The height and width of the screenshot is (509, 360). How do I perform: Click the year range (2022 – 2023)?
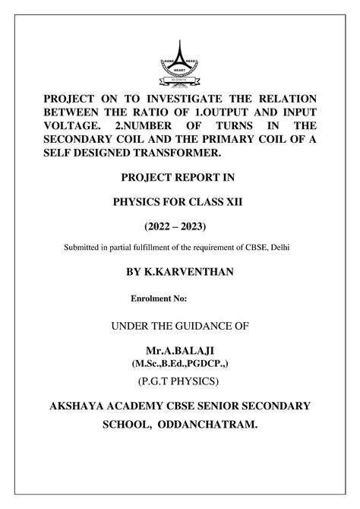pos(179,226)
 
